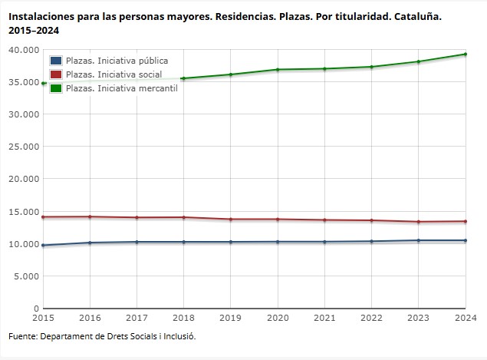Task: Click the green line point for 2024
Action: tap(466, 54)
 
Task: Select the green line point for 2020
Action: tap(278, 70)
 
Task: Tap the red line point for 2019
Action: tap(231, 220)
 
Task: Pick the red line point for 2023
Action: tap(419, 222)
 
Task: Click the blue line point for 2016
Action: tap(90, 243)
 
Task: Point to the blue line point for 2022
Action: tap(372, 242)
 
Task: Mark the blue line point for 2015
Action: tap(43, 246)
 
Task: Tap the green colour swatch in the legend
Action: tap(56, 88)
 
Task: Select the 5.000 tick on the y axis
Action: tap(26, 276)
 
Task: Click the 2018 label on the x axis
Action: tap(183, 317)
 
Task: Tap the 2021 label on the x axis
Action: tap(324, 317)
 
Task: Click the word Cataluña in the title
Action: tap(418, 16)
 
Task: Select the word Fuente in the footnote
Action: tap(22, 336)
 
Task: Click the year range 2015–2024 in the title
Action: tap(34, 31)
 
